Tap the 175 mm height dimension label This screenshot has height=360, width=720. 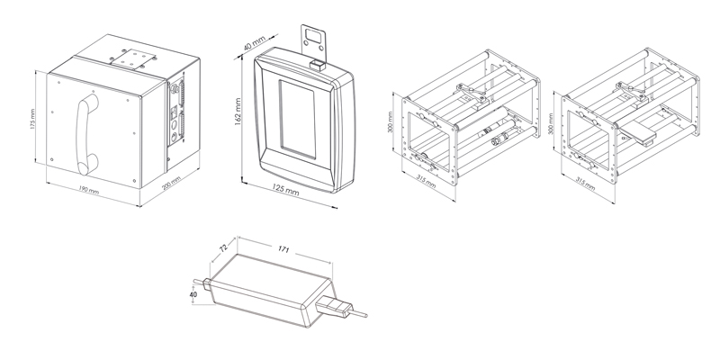pos(32,121)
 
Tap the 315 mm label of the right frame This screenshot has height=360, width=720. pos(584,182)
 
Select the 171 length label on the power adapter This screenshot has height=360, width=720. pos(284,245)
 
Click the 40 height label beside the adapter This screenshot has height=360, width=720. pos(192,293)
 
